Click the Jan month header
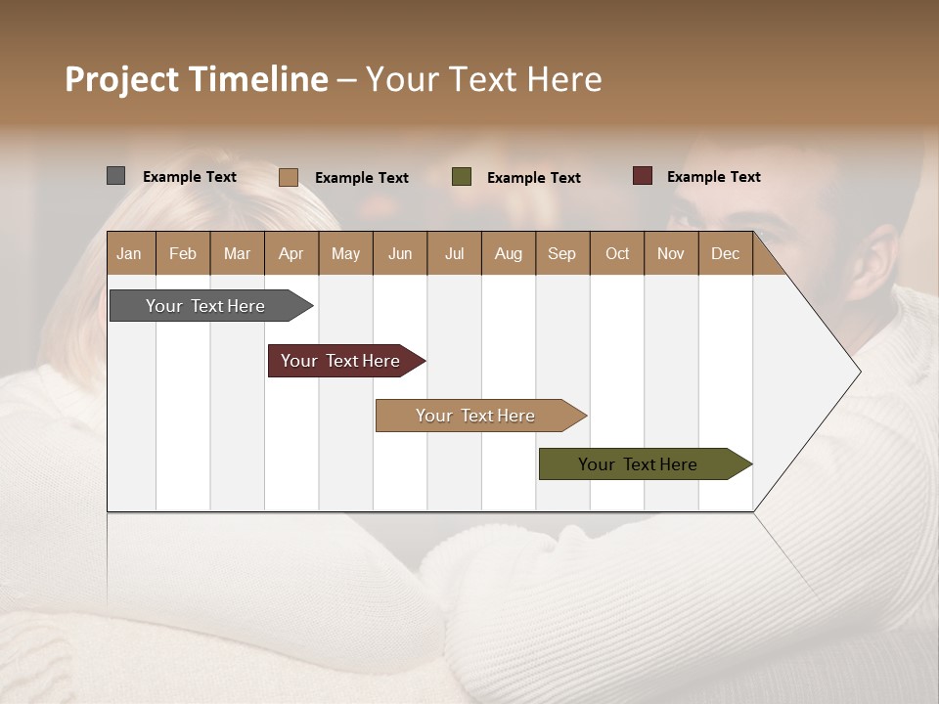[x=129, y=253]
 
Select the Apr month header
[x=291, y=253]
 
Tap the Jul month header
[x=454, y=253]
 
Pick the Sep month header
[x=561, y=253]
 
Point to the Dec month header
[x=725, y=253]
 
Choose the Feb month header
[x=183, y=253]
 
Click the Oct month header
[x=617, y=253]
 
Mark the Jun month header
[x=400, y=253]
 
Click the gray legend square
[x=116, y=176]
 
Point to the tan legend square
[x=289, y=177]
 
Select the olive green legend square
[x=462, y=177]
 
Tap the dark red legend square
[x=643, y=176]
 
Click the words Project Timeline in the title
[x=197, y=79]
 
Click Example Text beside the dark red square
[x=713, y=177]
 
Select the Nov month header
[x=671, y=253]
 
